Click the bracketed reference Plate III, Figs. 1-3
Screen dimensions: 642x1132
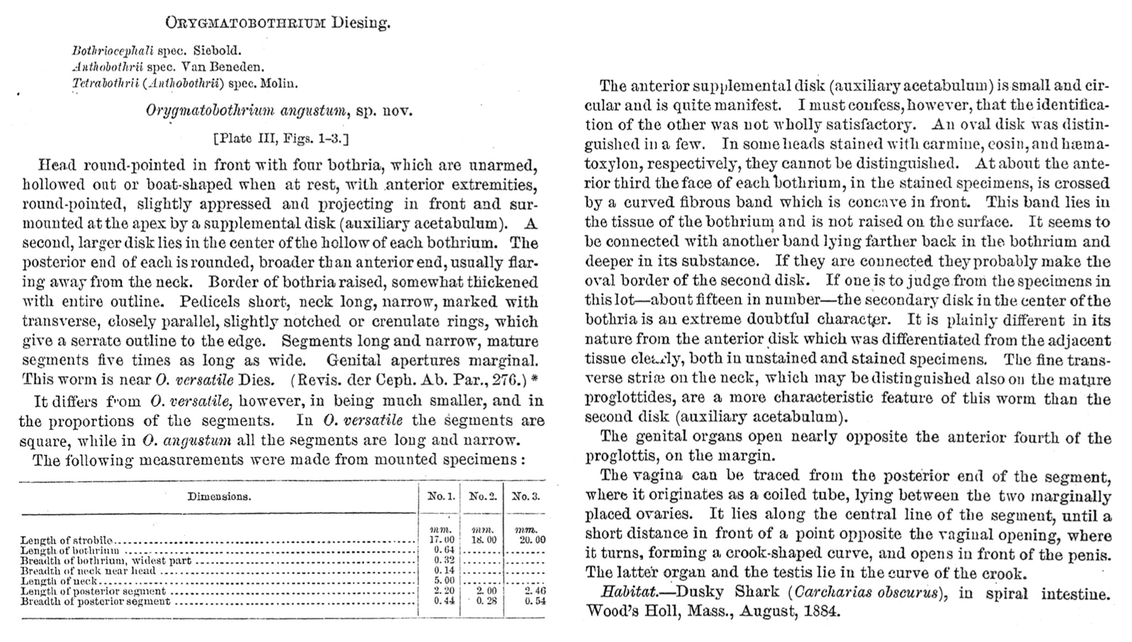280,138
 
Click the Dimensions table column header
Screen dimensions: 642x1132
219,496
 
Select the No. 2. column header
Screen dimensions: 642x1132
483,496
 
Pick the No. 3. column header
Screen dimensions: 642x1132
525,496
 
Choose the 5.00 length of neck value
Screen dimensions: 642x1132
444,580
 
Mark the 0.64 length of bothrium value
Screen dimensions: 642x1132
444,550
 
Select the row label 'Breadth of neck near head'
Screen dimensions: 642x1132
88,570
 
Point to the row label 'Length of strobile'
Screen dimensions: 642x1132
66,540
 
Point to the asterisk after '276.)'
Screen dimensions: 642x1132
534,380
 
